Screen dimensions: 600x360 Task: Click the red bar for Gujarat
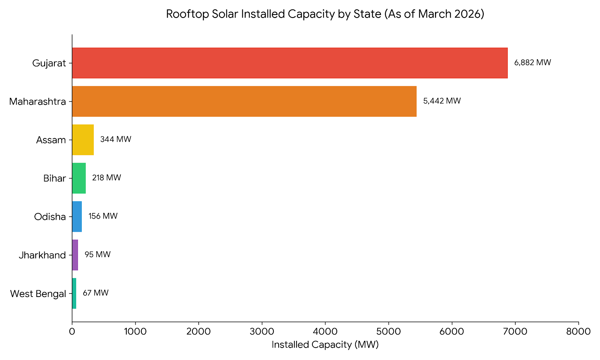click(290, 63)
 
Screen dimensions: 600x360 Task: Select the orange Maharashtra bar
click(244, 101)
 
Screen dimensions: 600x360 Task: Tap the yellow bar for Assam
click(83, 140)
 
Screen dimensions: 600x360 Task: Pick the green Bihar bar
click(79, 178)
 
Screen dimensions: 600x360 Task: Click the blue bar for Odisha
click(77, 216)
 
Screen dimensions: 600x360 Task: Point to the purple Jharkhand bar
click(75, 255)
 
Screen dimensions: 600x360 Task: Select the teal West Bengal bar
click(74, 293)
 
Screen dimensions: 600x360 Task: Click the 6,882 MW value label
click(532, 63)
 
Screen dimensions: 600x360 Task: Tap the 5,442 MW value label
click(442, 101)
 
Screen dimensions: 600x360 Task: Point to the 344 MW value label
click(116, 139)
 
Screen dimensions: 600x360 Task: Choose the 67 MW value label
click(96, 293)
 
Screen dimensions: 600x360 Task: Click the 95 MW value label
click(97, 255)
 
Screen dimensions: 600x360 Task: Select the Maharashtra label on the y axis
click(37, 102)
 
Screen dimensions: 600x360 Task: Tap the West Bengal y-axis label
click(38, 294)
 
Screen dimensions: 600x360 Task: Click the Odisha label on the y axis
click(50, 217)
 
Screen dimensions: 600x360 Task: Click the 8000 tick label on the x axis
click(579, 331)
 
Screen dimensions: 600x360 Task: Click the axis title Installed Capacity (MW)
click(325, 345)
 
